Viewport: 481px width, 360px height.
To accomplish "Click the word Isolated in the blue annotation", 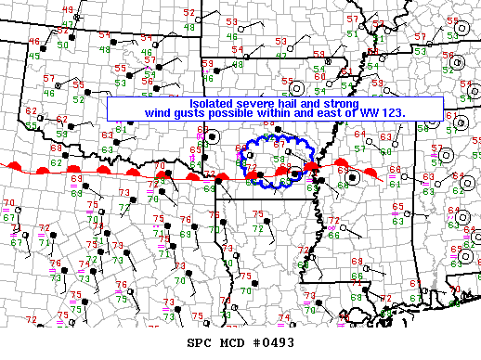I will tap(213, 103).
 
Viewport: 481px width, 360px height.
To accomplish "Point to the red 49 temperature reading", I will tap(67, 10).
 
